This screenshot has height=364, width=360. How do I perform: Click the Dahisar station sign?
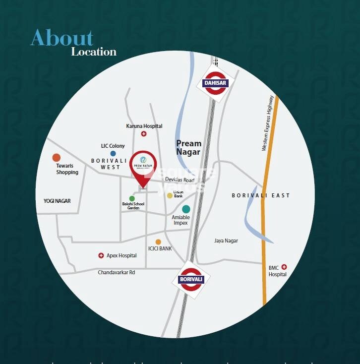215,83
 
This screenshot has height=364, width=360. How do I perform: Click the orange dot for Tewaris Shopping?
57,158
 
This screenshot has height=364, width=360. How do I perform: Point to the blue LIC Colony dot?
113,154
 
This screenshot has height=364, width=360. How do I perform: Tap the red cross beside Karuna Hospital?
144,134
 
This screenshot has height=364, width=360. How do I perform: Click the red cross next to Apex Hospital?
101,256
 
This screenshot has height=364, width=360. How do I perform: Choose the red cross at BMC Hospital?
284,267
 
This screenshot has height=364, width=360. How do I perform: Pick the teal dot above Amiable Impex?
186,209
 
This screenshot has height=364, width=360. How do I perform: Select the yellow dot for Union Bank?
170,196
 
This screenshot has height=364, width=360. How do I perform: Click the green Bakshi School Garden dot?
132,198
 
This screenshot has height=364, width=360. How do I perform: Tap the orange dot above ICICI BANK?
158,242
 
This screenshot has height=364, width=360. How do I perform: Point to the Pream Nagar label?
188,148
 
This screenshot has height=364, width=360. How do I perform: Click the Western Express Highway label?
268,123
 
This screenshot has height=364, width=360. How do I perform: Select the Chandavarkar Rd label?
117,273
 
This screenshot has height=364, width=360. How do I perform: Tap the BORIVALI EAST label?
261,195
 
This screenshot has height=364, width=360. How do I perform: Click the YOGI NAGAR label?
57,201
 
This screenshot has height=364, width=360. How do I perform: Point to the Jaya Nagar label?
226,241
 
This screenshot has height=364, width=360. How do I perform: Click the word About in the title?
61,38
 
